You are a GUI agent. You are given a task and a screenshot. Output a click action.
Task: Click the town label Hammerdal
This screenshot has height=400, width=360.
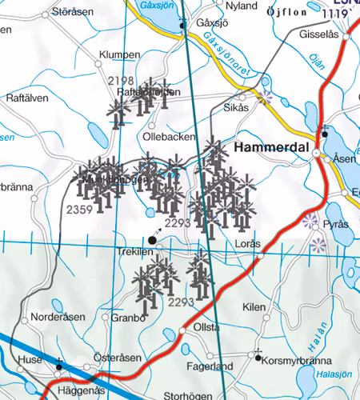272,148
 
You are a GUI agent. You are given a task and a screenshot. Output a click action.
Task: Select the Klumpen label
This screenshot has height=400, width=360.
119,55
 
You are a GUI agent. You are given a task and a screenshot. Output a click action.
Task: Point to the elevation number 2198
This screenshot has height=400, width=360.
121,81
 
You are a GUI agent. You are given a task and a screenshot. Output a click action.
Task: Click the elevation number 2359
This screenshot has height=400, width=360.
78,210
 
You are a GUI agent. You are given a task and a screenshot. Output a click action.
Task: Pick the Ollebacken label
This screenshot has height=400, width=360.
170,138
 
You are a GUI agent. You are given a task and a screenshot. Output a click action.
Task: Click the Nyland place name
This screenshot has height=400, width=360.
242,6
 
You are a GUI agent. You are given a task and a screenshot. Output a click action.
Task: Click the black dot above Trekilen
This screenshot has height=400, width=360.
152,238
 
